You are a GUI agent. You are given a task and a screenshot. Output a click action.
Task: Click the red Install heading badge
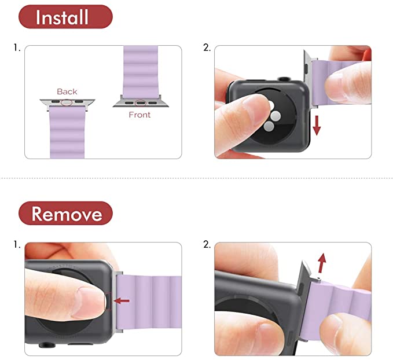[x=65, y=17]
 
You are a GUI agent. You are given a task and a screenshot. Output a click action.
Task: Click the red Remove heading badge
[x=65, y=214]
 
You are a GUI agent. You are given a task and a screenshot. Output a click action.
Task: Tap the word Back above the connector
[x=67, y=91]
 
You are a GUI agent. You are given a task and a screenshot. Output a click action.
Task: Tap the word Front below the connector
[x=139, y=115]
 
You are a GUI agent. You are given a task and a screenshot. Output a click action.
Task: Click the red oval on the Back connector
[x=67, y=102]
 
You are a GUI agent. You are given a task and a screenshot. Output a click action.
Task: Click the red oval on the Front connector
[x=140, y=103]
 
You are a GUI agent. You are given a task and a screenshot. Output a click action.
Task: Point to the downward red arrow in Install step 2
[x=317, y=126]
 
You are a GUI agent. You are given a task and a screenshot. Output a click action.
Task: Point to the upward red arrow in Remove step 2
[x=322, y=263]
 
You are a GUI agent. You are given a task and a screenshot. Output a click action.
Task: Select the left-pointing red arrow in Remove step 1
[x=122, y=300]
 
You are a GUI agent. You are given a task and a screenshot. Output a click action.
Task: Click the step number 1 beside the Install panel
[x=17, y=47]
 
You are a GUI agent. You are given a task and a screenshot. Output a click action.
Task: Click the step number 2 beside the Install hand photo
[x=207, y=47]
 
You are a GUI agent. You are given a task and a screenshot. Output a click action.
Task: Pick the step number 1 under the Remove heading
[x=17, y=244]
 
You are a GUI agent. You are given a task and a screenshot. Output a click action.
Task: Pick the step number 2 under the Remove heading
[x=207, y=244]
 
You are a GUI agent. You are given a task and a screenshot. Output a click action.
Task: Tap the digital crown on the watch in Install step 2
[x=284, y=79]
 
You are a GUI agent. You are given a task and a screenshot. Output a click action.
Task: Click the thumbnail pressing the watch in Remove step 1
[x=91, y=302]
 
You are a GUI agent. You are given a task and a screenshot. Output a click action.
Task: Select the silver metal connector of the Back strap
[x=67, y=104]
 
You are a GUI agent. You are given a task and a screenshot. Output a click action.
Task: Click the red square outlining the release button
[x=108, y=301]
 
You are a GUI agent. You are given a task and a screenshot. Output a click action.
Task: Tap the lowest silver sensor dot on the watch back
[x=269, y=127]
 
